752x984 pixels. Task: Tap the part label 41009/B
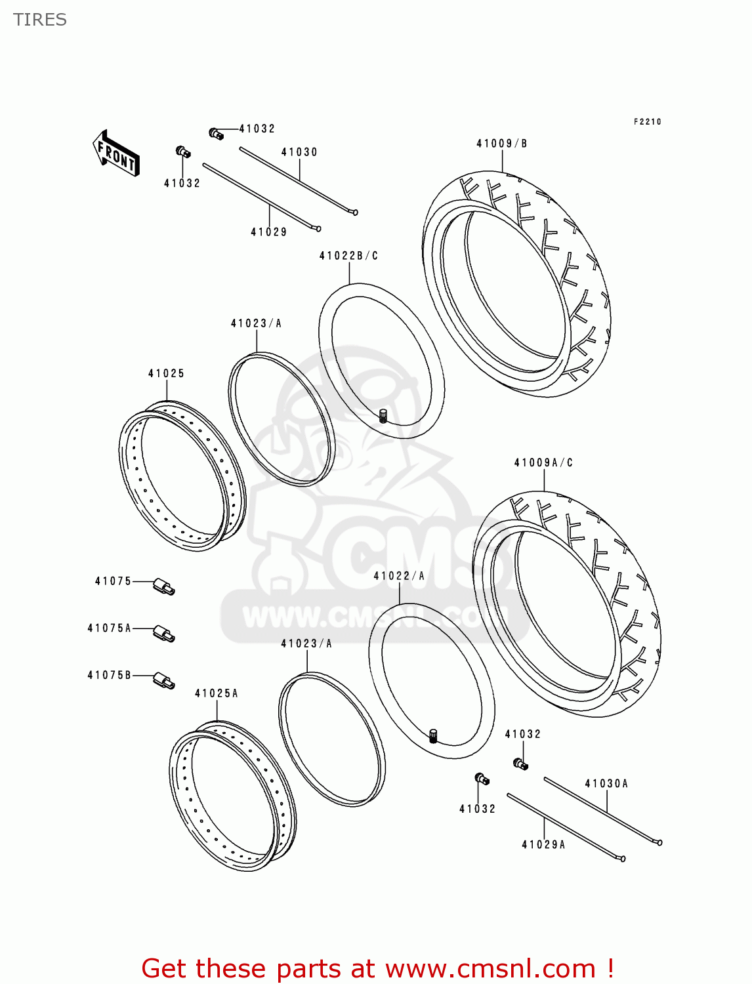(x=501, y=144)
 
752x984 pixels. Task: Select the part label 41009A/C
(x=543, y=463)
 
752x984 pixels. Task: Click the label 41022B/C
(x=348, y=256)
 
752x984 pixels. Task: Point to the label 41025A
(x=216, y=693)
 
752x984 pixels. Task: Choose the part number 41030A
(x=606, y=784)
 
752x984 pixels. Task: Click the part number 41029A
(x=543, y=845)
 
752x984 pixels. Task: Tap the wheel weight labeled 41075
(x=164, y=586)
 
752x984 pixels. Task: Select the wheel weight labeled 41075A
(x=164, y=634)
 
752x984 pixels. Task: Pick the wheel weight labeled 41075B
(x=164, y=681)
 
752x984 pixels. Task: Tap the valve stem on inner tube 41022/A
(x=433, y=735)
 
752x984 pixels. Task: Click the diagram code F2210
(x=647, y=122)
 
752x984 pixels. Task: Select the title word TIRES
(x=40, y=20)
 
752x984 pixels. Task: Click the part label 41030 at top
(x=299, y=152)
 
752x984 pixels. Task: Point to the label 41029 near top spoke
(x=269, y=232)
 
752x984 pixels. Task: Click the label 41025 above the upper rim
(x=166, y=374)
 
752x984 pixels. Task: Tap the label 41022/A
(x=399, y=576)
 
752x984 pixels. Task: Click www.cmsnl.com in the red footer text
(x=490, y=968)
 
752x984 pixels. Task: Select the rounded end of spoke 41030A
(x=659, y=843)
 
